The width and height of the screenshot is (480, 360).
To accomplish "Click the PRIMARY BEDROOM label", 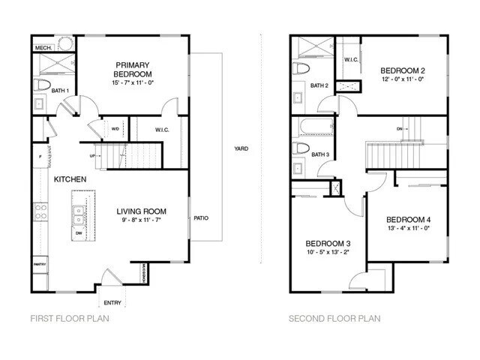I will pyautogui.click(x=133, y=69).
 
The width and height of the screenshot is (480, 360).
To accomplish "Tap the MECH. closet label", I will pyautogui.click(x=42, y=49).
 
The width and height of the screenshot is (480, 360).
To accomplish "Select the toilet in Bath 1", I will pyautogui.click(x=42, y=84).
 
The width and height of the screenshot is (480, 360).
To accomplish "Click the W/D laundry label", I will pyautogui.click(x=115, y=129).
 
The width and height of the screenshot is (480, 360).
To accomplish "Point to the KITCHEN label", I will pyautogui.click(x=70, y=179).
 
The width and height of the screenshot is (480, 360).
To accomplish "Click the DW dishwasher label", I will pyautogui.click(x=79, y=233).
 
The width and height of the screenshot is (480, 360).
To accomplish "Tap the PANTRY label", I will pyautogui.click(x=40, y=265).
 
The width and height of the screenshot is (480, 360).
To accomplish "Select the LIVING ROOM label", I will pyautogui.click(x=141, y=211).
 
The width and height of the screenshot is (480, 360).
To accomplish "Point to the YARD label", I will pyautogui.click(x=241, y=148).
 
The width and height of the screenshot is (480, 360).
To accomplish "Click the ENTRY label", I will pyautogui.click(x=113, y=302).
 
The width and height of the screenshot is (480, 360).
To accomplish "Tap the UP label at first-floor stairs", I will pyautogui.click(x=92, y=156).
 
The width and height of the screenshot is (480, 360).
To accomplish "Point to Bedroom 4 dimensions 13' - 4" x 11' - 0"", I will pyautogui.click(x=409, y=228).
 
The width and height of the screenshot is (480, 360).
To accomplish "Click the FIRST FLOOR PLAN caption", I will pyautogui.click(x=68, y=319).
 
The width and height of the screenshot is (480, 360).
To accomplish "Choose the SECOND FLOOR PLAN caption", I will pyautogui.click(x=334, y=319).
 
